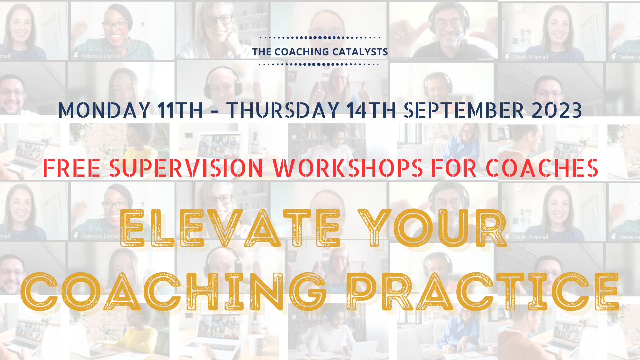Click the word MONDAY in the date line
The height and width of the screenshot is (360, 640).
pyautogui.click(x=104, y=110)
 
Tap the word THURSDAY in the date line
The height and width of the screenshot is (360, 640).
pyautogui.click(x=283, y=110)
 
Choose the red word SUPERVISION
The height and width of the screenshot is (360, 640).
pyautogui.click(x=186, y=168)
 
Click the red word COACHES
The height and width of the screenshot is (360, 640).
pyautogui.click(x=542, y=168)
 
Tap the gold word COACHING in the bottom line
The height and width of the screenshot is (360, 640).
pyautogui.click(x=173, y=291)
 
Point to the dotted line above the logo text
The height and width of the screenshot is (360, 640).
pyautogui.click(x=320, y=38)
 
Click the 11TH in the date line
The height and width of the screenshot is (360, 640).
pyautogui.click(x=180, y=110)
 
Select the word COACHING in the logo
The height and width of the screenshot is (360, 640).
pyautogui.click(x=302, y=52)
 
